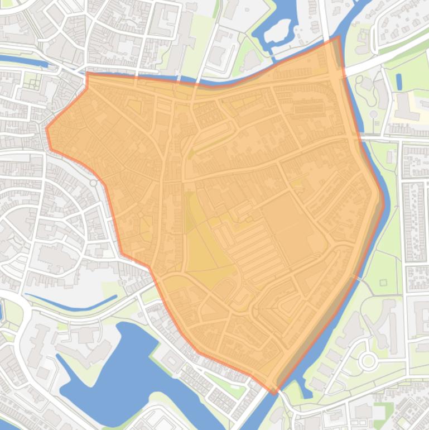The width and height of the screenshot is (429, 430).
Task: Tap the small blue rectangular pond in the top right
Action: (399, 82)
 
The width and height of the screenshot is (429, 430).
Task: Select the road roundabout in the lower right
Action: (368, 361)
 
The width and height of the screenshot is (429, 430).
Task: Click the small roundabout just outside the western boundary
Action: (93, 183)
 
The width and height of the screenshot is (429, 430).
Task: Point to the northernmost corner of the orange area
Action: (338, 37)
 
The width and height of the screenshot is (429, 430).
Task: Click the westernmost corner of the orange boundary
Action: (46, 128)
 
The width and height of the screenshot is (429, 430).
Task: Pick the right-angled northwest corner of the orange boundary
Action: (88, 73)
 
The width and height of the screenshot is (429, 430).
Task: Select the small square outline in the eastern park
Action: (383, 283)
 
